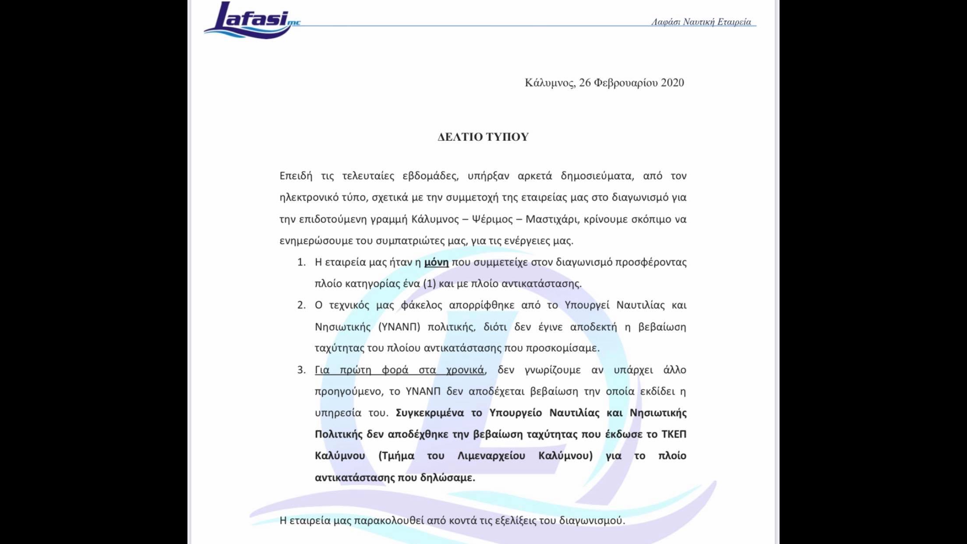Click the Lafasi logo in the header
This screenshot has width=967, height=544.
click(250, 20)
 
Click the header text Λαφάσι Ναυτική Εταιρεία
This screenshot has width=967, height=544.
click(701, 22)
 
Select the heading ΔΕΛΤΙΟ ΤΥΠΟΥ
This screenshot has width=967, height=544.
click(483, 137)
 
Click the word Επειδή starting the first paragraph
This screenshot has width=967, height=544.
click(296, 176)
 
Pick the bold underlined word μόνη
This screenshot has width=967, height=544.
click(436, 262)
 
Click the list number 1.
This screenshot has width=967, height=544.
click(301, 262)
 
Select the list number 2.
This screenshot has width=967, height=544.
click(301, 305)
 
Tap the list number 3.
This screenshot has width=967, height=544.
click(301, 370)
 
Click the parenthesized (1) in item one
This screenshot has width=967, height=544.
click(429, 284)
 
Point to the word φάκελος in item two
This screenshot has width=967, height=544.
click(421, 305)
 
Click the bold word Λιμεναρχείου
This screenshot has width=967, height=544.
click(491, 456)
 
